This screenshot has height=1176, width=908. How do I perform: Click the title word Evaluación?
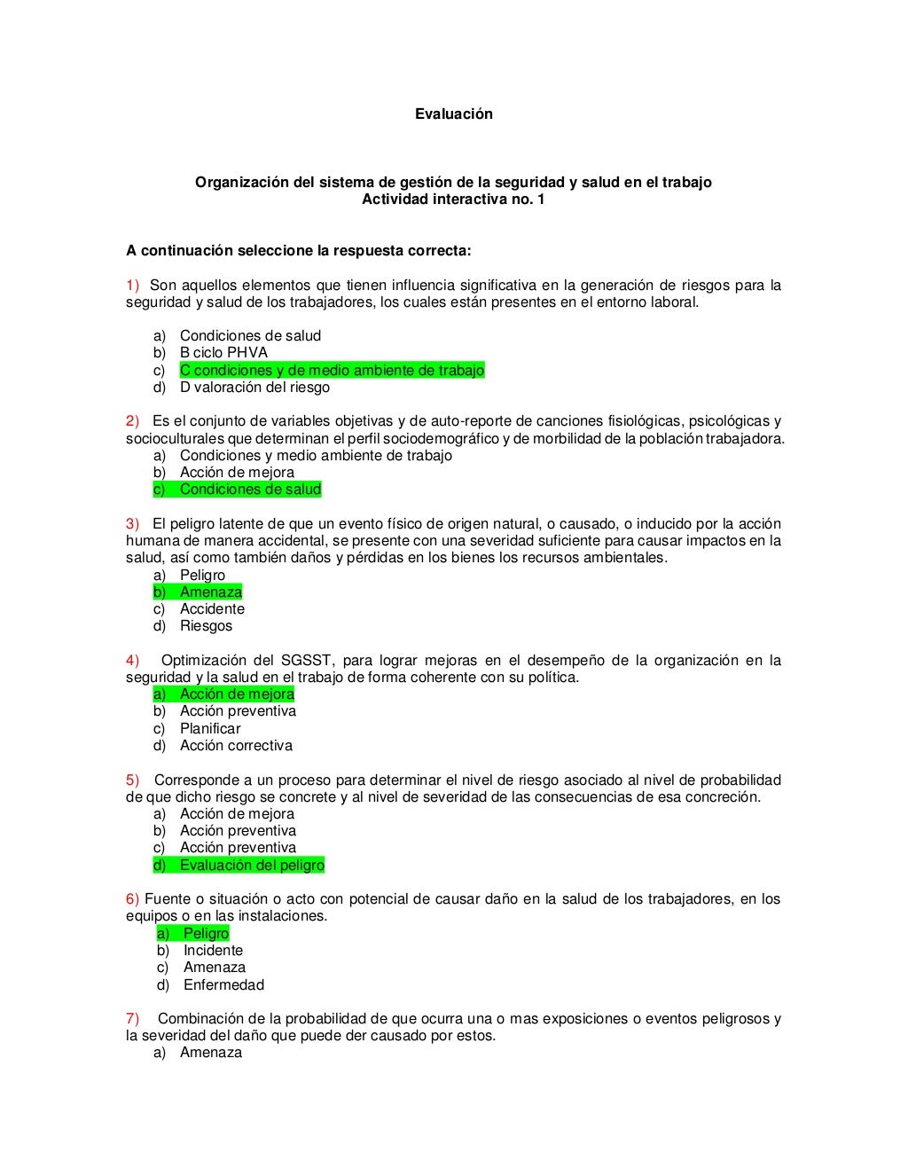[453, 114]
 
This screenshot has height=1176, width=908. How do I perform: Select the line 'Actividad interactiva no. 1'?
[453, 199]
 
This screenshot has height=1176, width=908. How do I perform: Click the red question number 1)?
[132, 285]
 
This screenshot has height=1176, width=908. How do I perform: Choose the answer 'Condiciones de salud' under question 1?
[250, 335]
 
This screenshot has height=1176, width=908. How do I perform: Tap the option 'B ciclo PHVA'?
[223, 352]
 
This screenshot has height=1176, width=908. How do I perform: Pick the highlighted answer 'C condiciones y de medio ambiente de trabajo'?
[332, 370]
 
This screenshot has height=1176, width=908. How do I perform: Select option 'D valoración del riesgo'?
[254, 387]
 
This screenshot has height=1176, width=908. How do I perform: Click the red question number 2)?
[132, 420]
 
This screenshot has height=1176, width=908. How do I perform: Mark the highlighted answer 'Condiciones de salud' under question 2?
[250, 489]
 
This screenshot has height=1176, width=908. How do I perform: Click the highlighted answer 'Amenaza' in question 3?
[211, 592]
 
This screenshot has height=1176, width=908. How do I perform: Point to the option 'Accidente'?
[212, 608]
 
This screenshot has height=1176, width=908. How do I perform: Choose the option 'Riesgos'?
[206, 625]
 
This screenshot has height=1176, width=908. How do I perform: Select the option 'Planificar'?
[210, 728]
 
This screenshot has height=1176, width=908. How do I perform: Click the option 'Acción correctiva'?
[236, 745]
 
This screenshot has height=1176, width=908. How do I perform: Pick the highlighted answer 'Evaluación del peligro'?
[252, 865]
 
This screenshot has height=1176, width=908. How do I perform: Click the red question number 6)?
[132, 898]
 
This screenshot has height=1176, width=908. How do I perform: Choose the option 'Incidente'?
[213, 950]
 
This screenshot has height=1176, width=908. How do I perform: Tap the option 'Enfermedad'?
[223, 984]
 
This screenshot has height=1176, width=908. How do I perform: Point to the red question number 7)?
[132, 1018]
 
